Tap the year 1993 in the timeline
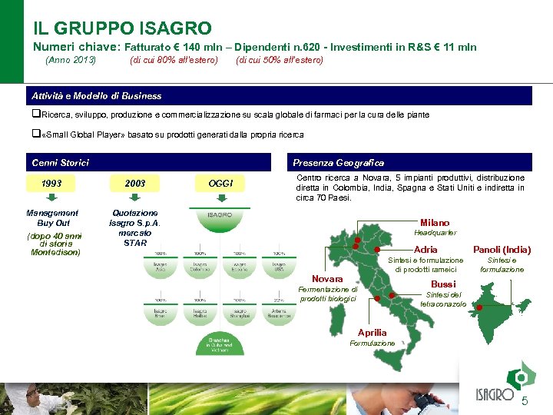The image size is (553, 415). (52, 184)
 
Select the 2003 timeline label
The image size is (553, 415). (135, 184)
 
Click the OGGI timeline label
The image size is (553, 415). (220, 184)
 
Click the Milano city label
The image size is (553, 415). (435, 223)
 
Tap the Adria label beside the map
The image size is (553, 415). (426, 250)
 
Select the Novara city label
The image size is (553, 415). (327, 278)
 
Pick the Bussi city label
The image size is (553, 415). (442, 284)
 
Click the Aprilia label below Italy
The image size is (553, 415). (373, 332)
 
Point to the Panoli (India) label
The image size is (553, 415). (502, 250)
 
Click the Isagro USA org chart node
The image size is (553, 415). (280, 266)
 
